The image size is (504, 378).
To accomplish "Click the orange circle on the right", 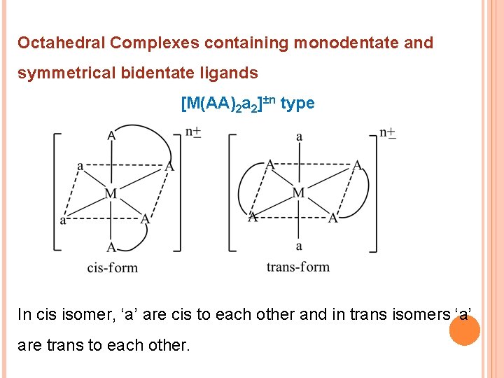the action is click(x=463, y=329).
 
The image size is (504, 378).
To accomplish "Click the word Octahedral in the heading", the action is click(x=60, y=43).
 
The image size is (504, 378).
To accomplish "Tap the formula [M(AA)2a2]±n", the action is click(x=228, y=104).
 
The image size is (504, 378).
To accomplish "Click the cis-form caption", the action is click(x=112, y=267).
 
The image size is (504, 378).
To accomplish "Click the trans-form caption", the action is click(x=297, y=267).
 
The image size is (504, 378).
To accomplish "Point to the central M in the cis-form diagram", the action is click(x=111, y=192).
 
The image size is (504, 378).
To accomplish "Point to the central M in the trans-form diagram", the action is click(x=298, y=192).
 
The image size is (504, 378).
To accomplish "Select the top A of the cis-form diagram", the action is click(x=111, y=136).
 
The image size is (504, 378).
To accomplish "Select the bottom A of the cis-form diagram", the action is click(x=111, y=246).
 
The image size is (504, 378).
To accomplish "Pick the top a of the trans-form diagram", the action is click(x=299, y=136).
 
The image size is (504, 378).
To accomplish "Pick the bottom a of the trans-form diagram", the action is click(x=299, y=246).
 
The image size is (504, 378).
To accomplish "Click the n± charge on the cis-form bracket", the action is click(x=193, y=132).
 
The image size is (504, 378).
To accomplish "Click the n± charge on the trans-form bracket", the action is click(x=387, y=133).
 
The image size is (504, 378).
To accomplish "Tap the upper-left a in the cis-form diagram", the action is click(x=80, y=166).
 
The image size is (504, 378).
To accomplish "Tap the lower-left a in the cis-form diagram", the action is click(x=63, y=220).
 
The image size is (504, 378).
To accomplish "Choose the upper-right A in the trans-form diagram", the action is click(x=357, y=165).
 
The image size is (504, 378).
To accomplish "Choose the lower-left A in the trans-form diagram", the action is click(x=253, y=218).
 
